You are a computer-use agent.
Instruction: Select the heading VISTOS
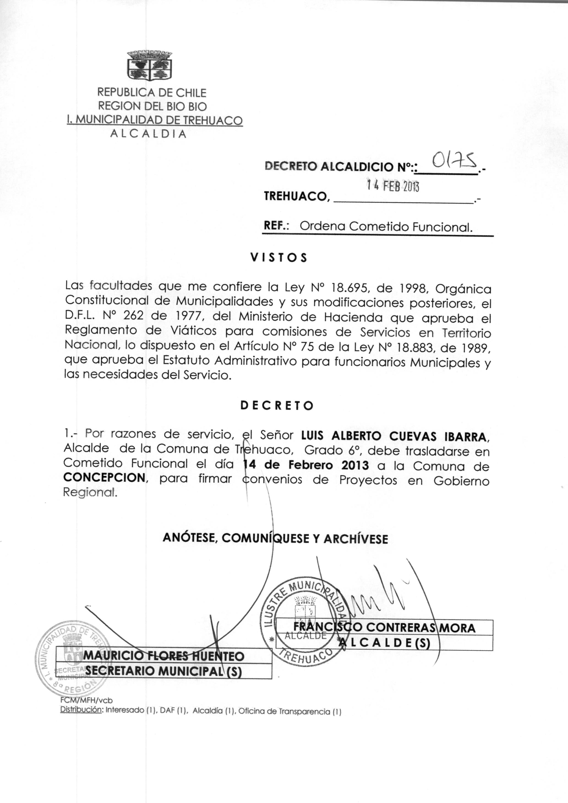(279, 258)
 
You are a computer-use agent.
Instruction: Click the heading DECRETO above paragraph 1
(277, 406)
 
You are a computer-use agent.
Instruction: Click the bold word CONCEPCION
(104, 478)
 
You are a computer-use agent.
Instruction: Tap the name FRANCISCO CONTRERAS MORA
(384, 628)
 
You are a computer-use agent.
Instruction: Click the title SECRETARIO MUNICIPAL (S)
(163, 671)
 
